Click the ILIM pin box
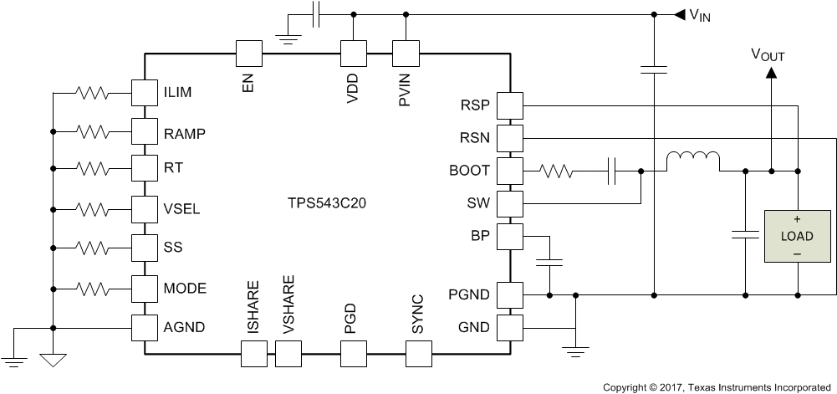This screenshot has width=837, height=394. click(145, 92)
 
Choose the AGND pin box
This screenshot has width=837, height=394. click(145, 327)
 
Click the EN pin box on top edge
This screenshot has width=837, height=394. click(248, 54)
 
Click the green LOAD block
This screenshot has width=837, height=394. click(796, 237)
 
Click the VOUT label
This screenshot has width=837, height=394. click(768, 55)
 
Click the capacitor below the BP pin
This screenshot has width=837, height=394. click(549, 262)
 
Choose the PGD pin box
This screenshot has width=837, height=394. click(351, 355)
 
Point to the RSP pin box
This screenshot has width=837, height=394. click(509, 105)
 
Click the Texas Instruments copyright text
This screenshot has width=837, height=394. click(718, 387)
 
